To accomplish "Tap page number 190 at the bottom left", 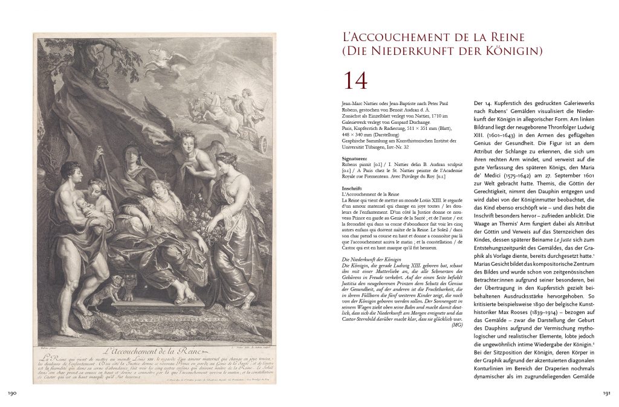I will (11, 394).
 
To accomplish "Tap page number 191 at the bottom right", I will (607, 394).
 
